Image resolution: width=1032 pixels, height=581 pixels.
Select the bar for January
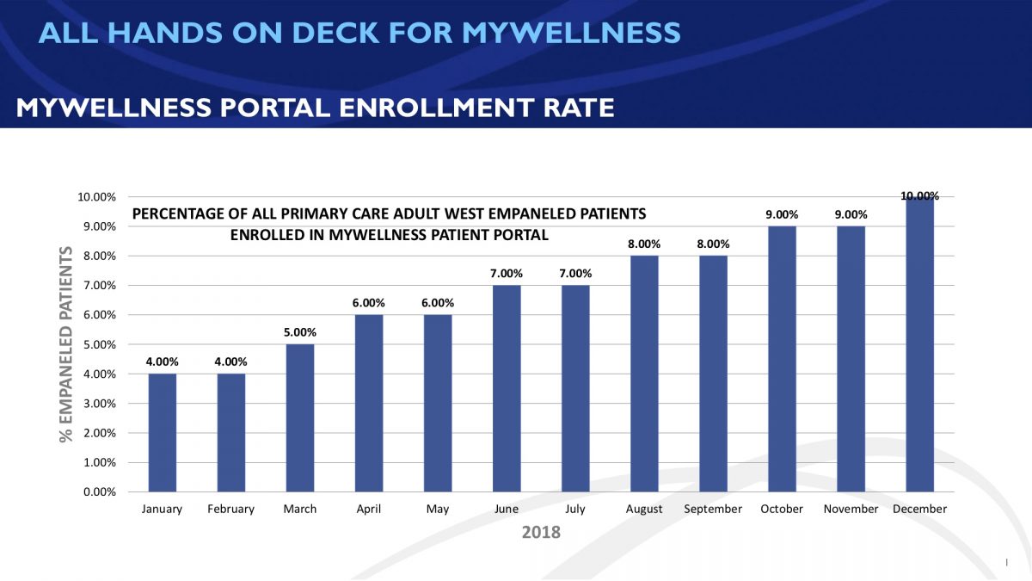click(x=162, y=432)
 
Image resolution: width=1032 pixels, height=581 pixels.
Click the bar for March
click(x=300, y=417)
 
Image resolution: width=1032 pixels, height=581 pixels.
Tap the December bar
click(x=919, y=344)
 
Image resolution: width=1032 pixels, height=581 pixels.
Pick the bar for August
click(x=644, y=374)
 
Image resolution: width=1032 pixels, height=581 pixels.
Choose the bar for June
click(x=507, y=388)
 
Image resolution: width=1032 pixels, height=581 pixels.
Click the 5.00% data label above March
click(x=300, y=332)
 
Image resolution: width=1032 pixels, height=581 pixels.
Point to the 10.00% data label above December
click(x=919, y=196)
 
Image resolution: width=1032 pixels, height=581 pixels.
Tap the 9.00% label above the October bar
click(x=782, y=214)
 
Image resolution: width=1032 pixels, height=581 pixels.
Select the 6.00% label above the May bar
click(x=438, y=303)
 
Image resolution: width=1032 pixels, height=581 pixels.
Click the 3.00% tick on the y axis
click(x=97, y=404)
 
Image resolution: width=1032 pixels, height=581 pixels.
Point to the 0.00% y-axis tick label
click(x=97, y=492)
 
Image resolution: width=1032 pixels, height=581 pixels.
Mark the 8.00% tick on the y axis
click(x=97, y=257)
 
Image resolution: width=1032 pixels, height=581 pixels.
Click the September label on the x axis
click(x=713, y=509)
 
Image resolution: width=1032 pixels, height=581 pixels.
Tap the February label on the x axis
click(x=230, y=509)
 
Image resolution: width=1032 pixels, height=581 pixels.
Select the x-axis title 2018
click(x=541, y=532)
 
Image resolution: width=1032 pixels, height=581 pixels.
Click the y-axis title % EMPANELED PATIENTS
click(x=66, y=344)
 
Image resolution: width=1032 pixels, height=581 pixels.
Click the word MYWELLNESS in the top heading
click(x=571, y=33)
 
